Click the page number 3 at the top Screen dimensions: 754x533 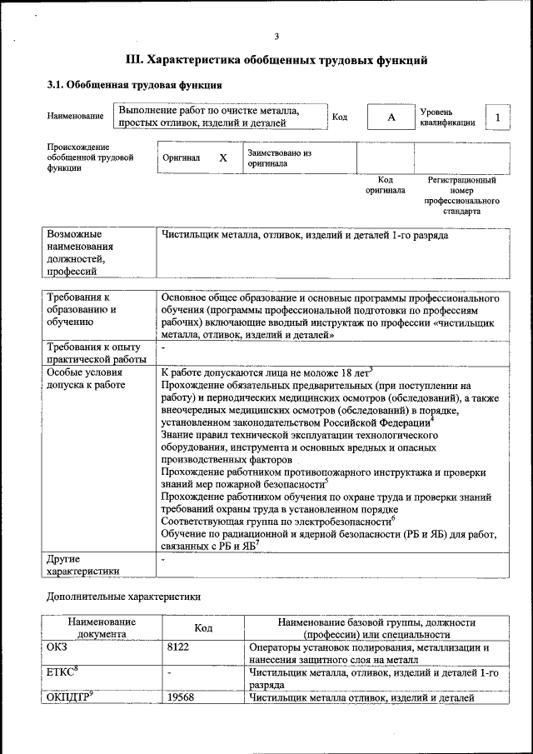click(x=276, y=35)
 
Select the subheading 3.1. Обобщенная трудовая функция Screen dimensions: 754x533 click(x=133, y=85)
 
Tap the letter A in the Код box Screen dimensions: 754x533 click(x=391, y=117)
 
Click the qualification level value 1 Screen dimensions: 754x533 click(x=497, y=117)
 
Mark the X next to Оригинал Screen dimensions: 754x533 click(x=223, y=157)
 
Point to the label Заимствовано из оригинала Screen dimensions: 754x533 click(x=278, y=158)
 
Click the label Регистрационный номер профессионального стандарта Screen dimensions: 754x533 click(x=461, y=196)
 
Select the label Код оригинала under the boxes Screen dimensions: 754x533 click(x=385, y=185)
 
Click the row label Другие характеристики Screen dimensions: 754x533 click(x=82, y=565)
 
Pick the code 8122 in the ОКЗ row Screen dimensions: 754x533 click(x=178, y=646)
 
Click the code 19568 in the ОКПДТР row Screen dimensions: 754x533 click(x=181, y=697)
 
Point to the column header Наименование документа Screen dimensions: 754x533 click(x=102, y=627)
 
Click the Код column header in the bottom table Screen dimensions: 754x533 click(x=205, y=628)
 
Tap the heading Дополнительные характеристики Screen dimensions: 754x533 click(x=122, y=596)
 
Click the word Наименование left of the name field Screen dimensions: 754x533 click(x=76, y=116)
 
